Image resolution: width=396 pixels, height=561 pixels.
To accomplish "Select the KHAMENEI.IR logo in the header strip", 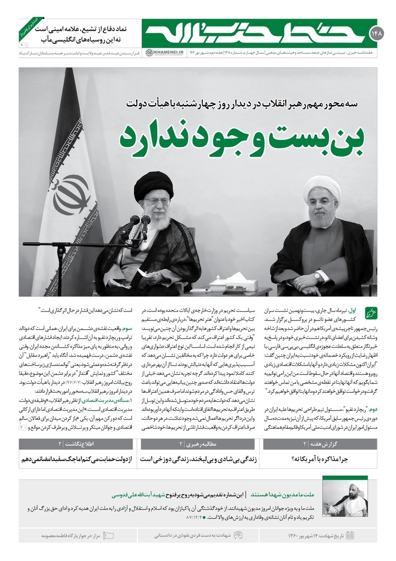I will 159,52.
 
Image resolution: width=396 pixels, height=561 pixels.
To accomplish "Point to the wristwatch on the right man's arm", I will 317,277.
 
